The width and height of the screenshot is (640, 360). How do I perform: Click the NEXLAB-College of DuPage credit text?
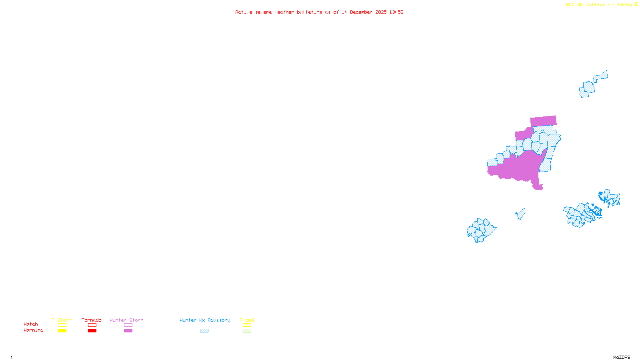tap(600, 5)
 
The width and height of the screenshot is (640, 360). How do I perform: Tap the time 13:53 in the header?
tap(396, 12)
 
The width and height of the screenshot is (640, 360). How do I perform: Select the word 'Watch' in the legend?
tap(31, 324)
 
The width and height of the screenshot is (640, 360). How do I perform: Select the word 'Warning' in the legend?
tap(34, 330)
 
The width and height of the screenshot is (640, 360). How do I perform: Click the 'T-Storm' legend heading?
tap(62, 320)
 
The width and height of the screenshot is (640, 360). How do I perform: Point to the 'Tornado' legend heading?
tap(92, 320)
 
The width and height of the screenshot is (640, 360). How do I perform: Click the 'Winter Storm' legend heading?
tap(126, 320)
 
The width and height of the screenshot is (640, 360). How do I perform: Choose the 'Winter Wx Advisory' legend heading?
tap(205, 320)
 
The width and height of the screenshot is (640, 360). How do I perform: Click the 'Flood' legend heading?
tap(247, 320)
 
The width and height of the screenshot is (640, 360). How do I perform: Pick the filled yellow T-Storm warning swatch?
tap(62, 331)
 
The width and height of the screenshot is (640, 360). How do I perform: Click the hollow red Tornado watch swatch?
tap(92, 325)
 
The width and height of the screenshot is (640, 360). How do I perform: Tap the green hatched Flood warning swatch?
tap(247, 331)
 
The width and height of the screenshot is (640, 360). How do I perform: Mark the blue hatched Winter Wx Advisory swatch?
tap(204, 331)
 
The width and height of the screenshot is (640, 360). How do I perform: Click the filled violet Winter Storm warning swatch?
tap(128, 331)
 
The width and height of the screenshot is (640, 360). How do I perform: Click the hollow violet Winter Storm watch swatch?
tap(128, 325)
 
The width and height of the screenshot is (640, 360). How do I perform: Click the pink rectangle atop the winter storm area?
tap(543, 121)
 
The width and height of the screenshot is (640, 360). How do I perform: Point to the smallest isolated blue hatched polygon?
tap(520, 214)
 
